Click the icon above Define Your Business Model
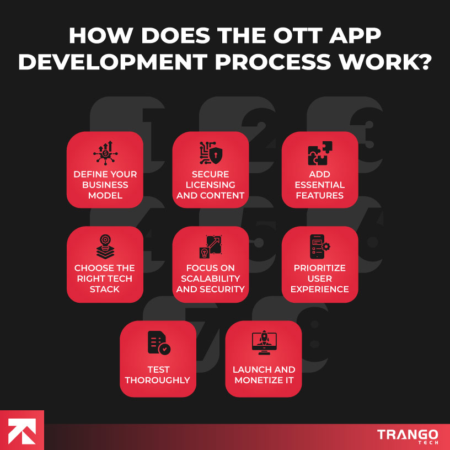(x=105, y=152)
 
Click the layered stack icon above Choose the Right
(x=105, y=246)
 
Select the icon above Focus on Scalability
(x=210, y=247)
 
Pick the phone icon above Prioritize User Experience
(x=320, y=247)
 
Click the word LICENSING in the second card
(x=210, y=185)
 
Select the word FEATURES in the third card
(x=320, y=195)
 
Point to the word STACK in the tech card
(x=105, y=290)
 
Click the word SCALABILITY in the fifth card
(x=210, y=278)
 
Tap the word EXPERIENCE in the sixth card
(x=320, y=289)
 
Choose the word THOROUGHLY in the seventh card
(x=158, y=380)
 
